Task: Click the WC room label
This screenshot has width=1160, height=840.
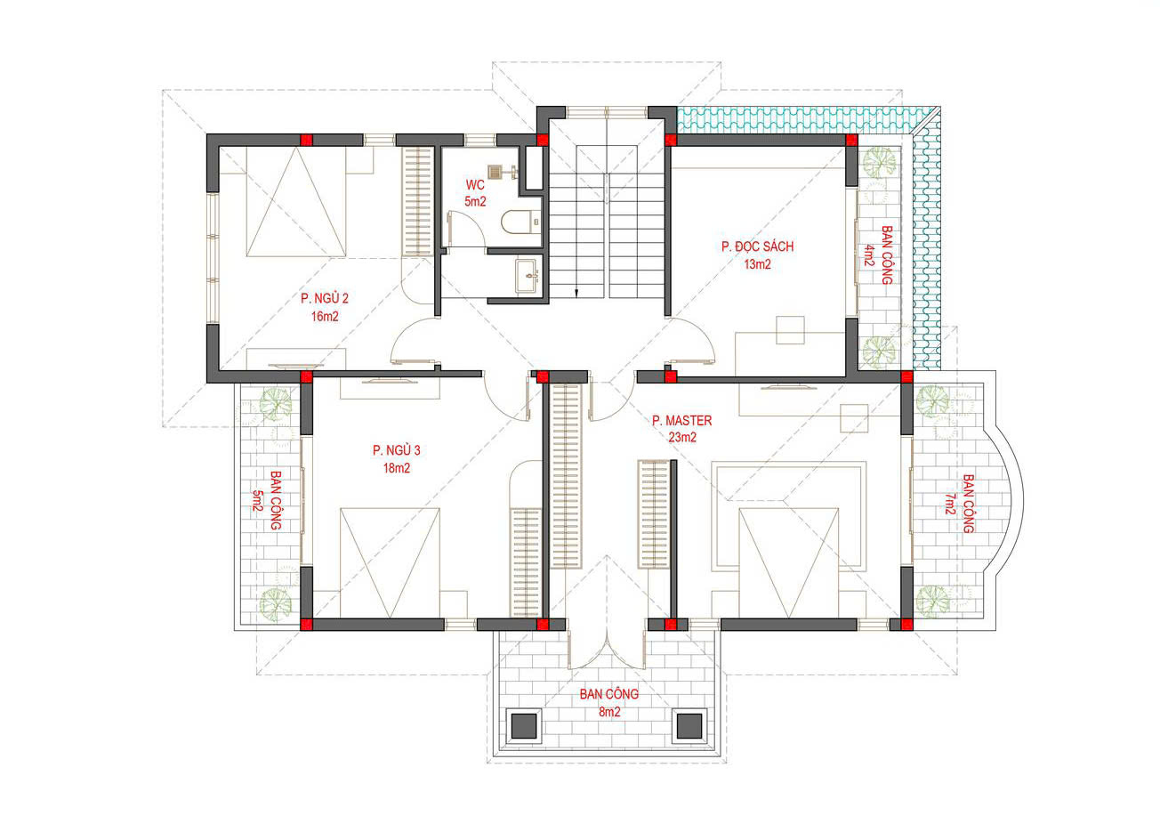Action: [x=475, y=185]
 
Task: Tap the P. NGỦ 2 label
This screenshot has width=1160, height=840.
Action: [x=325, y=298]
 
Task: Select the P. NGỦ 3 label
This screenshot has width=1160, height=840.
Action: [x=397, y=450]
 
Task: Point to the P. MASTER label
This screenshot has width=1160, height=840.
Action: [x=682, y=421]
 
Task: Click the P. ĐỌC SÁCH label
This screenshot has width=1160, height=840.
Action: [x=758, y=246]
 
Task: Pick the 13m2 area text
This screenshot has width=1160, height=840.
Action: [x=758, y=264]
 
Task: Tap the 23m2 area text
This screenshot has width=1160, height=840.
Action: [x=682, y=438]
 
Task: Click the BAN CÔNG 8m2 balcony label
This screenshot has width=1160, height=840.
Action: [x=609, y=703]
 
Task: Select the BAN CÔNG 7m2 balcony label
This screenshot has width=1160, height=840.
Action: [x=958, y=504]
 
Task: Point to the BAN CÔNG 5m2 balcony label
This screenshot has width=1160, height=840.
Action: [x=267, y=500]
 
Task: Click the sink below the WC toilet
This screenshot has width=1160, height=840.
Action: [x=527, y=276]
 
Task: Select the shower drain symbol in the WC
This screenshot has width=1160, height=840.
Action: [x=495, y=172]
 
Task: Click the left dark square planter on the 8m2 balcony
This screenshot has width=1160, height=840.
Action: [x=524, y=726]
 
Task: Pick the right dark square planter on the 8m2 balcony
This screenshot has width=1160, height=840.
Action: [x=689, y=726]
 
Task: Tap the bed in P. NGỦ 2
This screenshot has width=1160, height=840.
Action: [x=296, y=201]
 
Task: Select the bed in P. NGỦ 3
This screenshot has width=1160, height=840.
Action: [x=390, y=563]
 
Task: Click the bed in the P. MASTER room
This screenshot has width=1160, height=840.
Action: [x=789, y=563]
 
